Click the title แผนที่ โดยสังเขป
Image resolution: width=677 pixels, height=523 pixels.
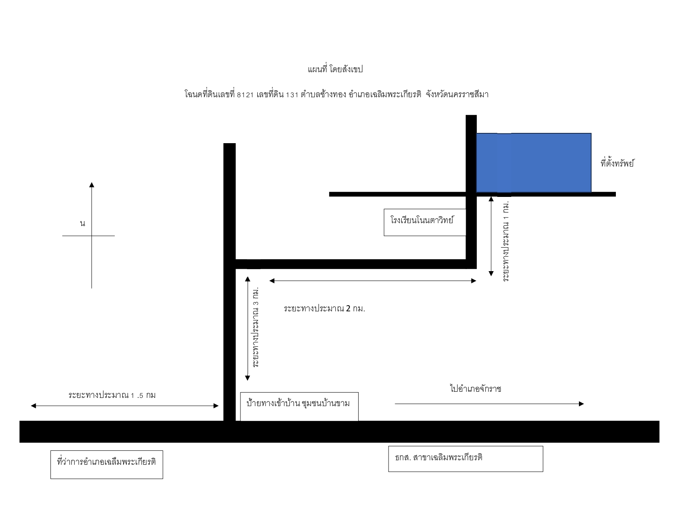pos(335,69)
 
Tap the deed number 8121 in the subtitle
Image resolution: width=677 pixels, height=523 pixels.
pos(245,95)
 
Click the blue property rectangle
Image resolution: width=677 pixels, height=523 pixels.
pos(533,162)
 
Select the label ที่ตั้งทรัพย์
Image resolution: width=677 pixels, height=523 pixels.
pos(617,163)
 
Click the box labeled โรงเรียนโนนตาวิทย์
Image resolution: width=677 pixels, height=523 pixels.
pos(425,222)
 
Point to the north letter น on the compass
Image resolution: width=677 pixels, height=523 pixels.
pos(82,223)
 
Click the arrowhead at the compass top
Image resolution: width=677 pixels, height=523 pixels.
pos(91,185)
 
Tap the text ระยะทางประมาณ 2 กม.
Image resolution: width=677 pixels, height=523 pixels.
pos(324,308)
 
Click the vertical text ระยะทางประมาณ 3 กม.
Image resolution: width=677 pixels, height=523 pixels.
pos(256,327)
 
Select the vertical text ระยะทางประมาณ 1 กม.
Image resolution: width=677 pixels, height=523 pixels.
pos(505,241)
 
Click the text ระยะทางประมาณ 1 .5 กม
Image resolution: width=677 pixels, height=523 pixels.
pos(112,395)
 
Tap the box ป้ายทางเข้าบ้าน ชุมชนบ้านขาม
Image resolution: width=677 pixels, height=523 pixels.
pos(299,406)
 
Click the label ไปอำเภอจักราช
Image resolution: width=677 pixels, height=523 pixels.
pos(476,388)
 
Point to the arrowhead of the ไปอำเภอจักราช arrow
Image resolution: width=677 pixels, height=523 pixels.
pos(581,404)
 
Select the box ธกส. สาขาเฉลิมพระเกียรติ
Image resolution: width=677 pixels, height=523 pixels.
pos(465,459)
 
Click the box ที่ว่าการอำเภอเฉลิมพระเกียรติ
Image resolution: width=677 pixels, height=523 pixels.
pos(107,464)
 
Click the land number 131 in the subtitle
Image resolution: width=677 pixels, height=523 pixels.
pos(292,95)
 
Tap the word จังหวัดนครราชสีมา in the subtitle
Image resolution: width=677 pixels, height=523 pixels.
pos(457,94)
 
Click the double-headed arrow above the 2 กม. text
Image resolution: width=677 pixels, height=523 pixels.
pos(373,281)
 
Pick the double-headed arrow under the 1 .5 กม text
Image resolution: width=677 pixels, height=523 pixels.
pos(125,406)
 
